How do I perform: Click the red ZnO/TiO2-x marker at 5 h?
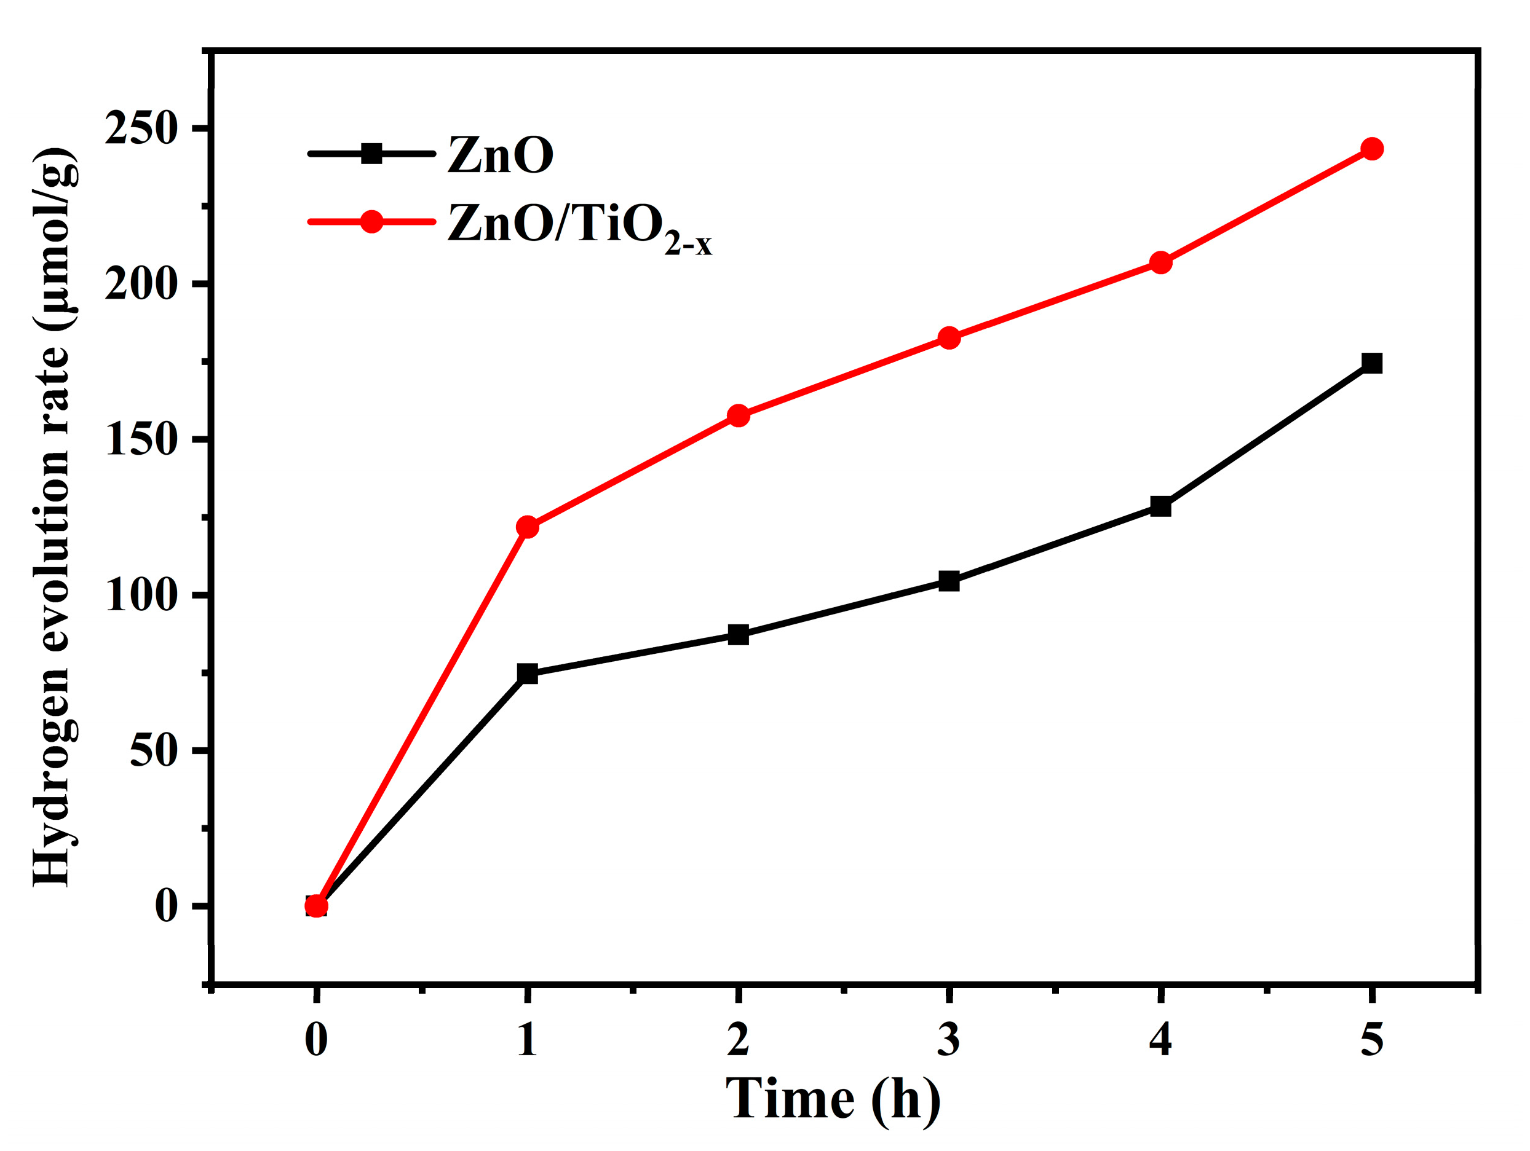1371,149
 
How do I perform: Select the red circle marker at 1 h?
527,527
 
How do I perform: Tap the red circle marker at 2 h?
739,415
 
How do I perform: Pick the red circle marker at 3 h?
949,337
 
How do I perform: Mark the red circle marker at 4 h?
1160,262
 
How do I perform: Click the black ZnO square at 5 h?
1371,363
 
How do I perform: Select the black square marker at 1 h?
527,674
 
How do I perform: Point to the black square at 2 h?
739,635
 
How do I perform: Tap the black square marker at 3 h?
949,581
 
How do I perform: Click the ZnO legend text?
500,155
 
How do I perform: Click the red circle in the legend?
371,222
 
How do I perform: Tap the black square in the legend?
371,154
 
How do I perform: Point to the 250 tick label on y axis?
141,128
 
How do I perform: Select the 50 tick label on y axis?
154,751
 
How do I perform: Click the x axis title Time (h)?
833,1099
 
